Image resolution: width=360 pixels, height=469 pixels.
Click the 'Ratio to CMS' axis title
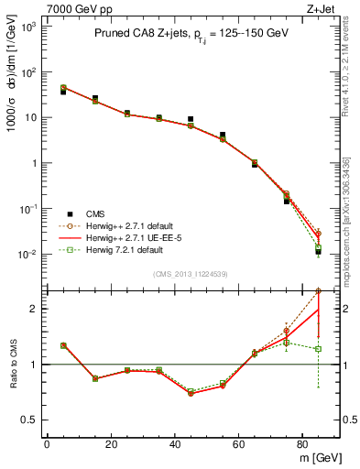coord(12,364)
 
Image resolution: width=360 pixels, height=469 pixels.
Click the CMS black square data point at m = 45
coord(191,119)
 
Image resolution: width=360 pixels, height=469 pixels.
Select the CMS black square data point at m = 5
coord(63,92)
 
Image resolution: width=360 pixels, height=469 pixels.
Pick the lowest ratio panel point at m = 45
coord(191,392)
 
